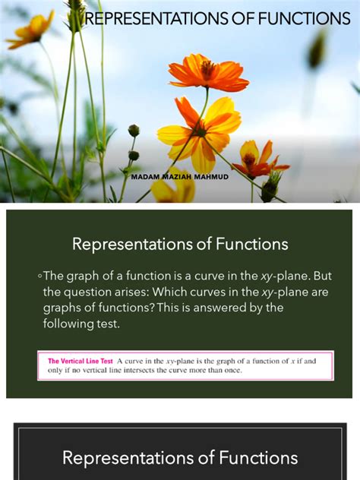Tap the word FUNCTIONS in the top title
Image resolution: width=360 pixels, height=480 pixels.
(x=304, y=19)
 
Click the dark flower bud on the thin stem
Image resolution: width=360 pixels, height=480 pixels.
(x=134, y=130)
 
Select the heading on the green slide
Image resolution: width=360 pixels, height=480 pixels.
(x=180, y=244)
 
